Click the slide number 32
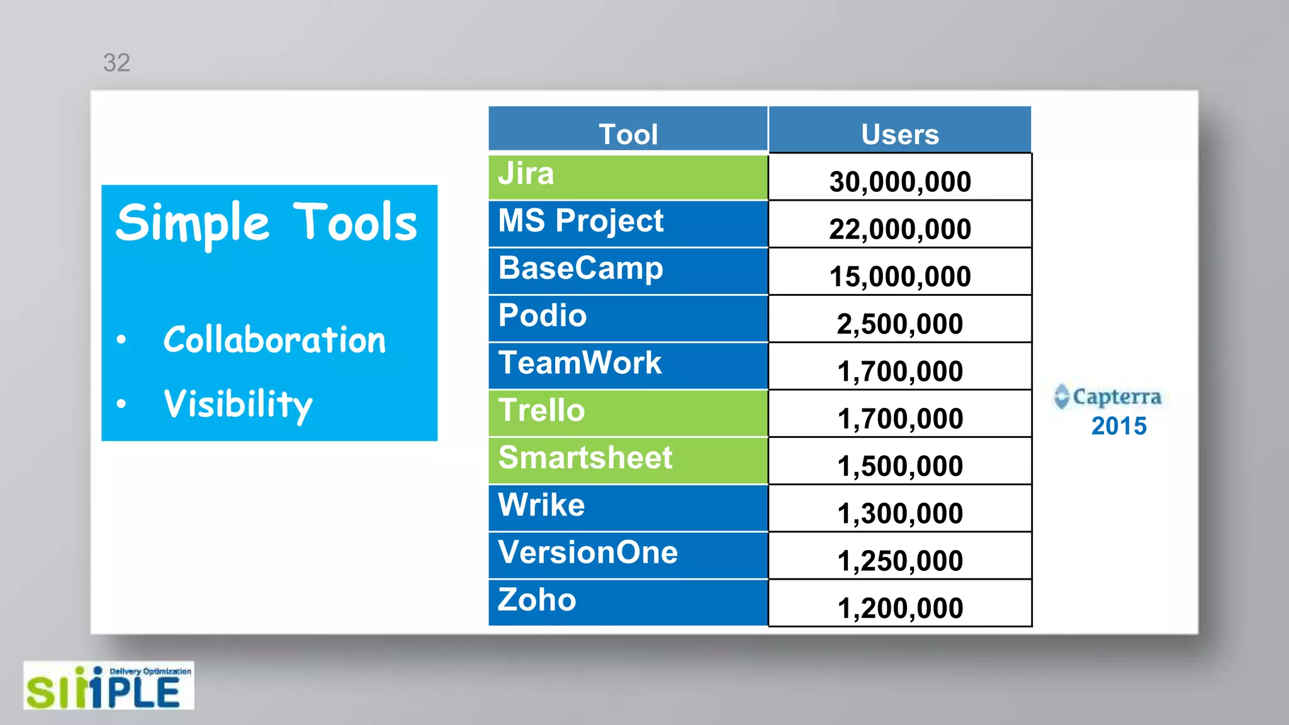pyautogui.click(x=116, y=63)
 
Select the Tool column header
pyautogui.click(x=628, y=133)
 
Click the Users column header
pyautogui.click(x=899, y=133)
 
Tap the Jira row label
pyautogui.click(x=526, y=174)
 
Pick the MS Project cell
pyautogui.click(x=580, y=222)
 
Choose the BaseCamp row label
pyautogui.click(x=580, y=269)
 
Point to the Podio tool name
pyautogui.click(x=543, y=316)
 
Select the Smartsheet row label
pyautogui.click(x=585, y=458)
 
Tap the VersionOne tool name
pyautogui.click(x=588, y=553)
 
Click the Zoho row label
pyautogui.click(x=537, y=600)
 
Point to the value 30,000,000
pyautogui.click(x=900, y=182)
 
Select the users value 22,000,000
pyautogui.click(x=900, y=229)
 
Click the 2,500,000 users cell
pyautogui.click(x=900, y=324)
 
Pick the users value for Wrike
pyautogui.click(x=900, y=514)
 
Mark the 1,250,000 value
pyautogui.click(x=900, y=561)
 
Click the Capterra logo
pyautogui.click(x=1108, y=396)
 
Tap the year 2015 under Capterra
pyautogui.click(x=1119, y=426)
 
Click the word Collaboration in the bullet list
pyautogui.click(x=274, y=340)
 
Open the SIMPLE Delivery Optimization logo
pyautogui.click(x=108, y=686)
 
